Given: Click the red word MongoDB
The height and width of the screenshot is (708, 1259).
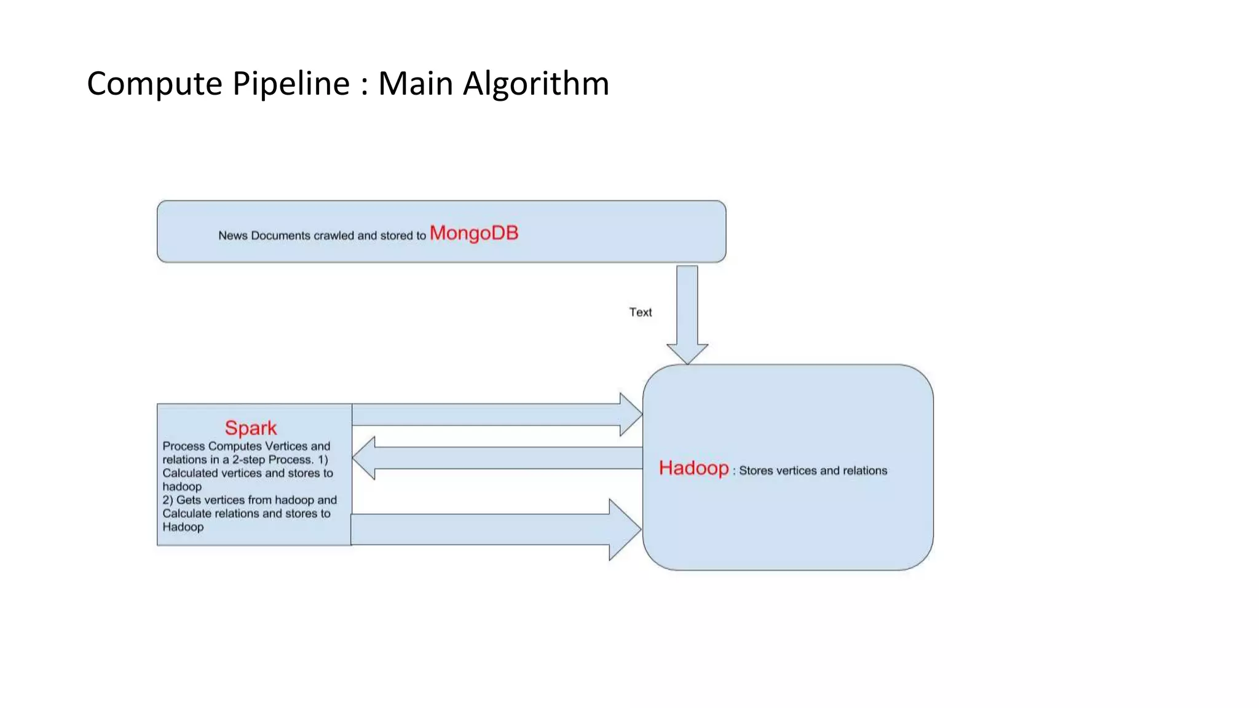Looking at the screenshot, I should [473, 233].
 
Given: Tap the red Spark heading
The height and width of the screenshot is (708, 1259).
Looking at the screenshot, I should [250, 428].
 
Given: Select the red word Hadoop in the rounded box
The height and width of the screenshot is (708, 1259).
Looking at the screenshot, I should [693, 468].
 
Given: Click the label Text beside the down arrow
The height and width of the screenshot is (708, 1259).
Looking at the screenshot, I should [640, 312].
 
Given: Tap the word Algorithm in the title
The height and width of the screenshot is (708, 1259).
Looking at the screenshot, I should [535, 84].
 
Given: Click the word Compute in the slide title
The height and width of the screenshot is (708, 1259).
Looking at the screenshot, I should [154, 84].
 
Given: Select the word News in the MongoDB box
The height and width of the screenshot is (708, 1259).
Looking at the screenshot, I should [232, 235].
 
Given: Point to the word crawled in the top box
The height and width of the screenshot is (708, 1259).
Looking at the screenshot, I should [334, 235].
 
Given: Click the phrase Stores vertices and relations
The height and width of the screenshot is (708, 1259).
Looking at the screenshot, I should [813, 471].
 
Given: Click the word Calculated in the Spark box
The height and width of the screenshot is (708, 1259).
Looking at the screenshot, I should [190, 473].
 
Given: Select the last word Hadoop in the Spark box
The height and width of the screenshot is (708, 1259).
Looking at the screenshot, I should [183, 527].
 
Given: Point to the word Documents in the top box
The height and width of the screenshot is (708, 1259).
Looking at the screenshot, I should [280, 235].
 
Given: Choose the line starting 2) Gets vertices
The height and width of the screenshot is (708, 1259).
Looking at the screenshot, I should [250, 500].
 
